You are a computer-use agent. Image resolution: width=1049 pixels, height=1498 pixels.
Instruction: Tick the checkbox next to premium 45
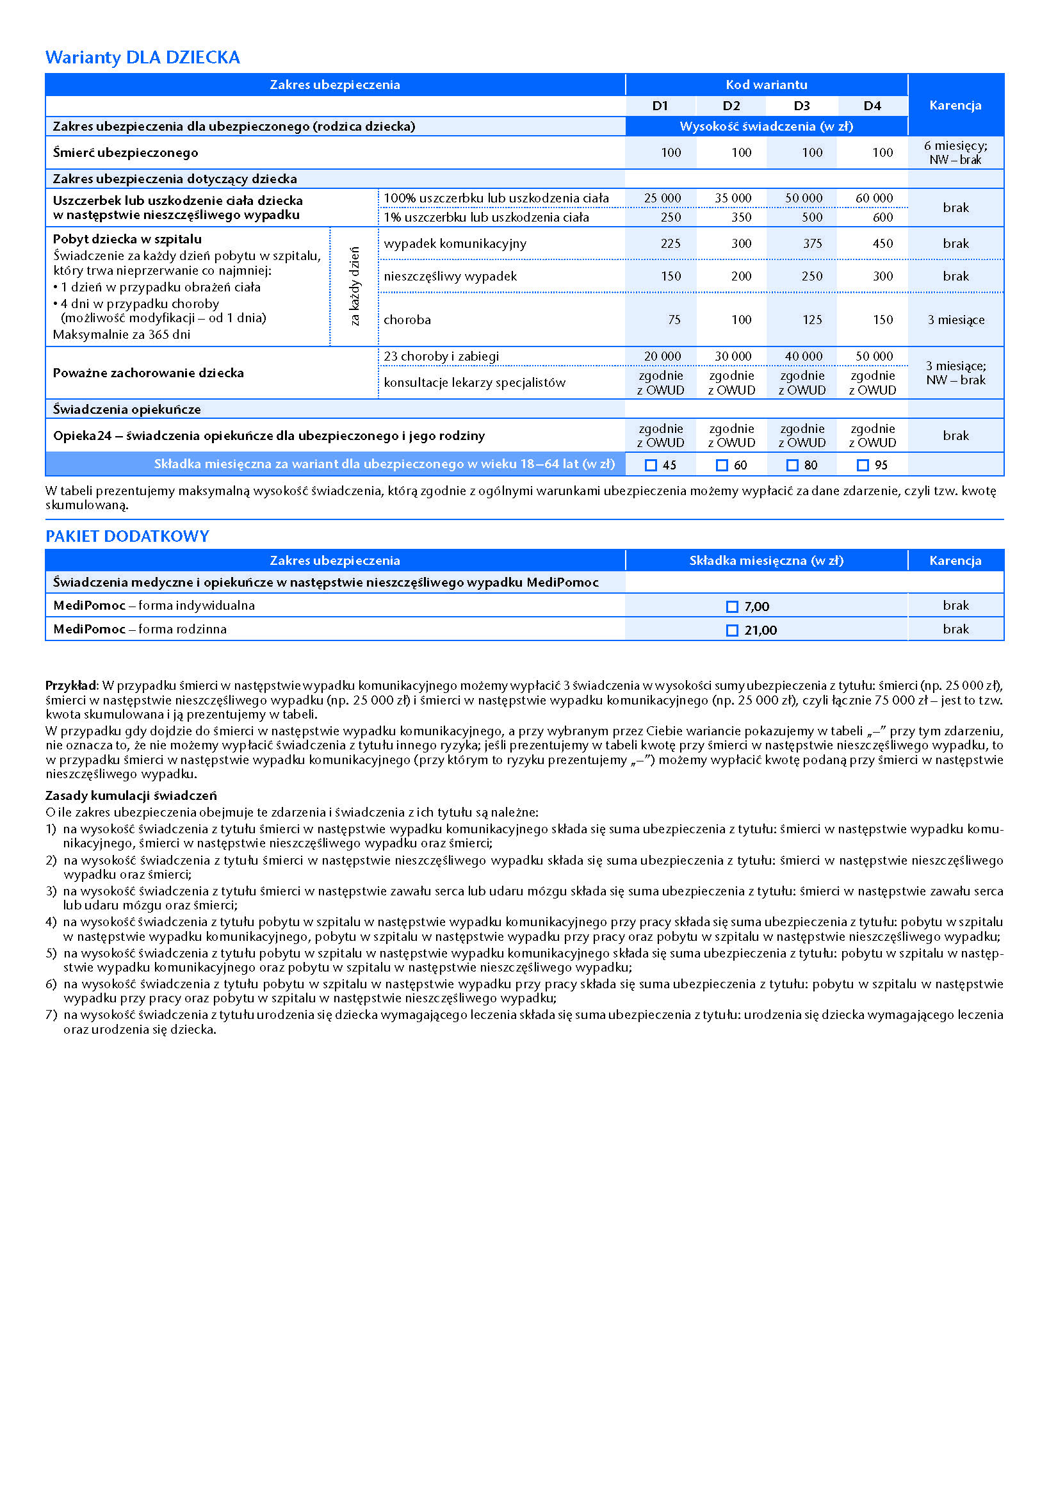coord(651,465)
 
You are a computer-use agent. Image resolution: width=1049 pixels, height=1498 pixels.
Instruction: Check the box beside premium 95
coord(863,465)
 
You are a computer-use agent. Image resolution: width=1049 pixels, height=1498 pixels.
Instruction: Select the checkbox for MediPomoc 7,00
coord(732,607)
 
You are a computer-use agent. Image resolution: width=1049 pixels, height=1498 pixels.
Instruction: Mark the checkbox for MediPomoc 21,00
coord(732,630)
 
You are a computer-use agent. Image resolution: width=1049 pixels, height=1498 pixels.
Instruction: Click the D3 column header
coord(802,106)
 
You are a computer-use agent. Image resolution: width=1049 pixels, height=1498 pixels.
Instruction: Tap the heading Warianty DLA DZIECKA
coord(142,58)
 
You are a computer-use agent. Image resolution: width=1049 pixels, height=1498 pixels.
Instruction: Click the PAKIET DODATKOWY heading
coord(127,536)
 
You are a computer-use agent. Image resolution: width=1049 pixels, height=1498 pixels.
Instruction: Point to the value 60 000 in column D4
coord(874,198)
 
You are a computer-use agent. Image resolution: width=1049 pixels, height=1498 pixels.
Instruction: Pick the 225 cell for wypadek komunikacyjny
coord(670,243)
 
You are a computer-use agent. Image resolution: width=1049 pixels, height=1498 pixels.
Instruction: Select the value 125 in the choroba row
coord(811,320)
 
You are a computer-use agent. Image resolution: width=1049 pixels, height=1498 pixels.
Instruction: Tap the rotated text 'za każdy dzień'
coord(354,286)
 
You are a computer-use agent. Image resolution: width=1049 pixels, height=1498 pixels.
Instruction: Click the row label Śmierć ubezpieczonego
coord(126,152)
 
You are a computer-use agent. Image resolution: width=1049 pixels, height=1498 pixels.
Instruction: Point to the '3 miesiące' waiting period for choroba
coord(955,320)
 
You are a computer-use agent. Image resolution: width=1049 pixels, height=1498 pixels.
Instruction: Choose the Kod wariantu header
coord(766,85)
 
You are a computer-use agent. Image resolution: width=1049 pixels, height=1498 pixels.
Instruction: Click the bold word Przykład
coord(70,686)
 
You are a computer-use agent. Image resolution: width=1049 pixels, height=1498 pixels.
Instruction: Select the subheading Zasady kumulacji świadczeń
coord(131,795)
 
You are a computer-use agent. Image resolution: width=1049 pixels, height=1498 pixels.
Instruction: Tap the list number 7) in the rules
coord(51,1014)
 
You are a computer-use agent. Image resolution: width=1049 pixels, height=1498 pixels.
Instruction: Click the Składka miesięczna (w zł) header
coord(766,560)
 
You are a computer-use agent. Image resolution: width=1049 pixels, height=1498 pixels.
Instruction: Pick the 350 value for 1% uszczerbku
coord(741,217)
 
